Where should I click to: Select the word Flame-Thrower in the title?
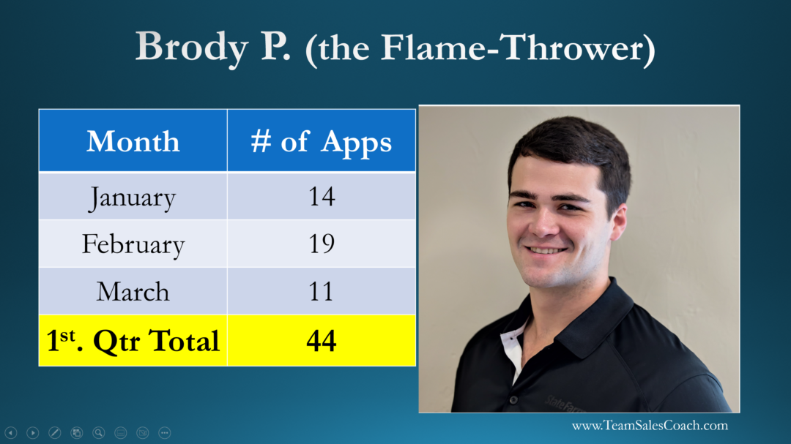511,48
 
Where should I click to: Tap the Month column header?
133,141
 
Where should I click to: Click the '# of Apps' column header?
322,142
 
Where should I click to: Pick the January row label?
133,197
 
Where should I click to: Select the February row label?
133,244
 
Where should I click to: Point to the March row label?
133,292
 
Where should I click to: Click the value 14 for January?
322,197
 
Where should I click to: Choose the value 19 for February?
322,244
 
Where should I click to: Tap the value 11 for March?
322,291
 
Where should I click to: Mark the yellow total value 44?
322,341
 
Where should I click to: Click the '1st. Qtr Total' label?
133,341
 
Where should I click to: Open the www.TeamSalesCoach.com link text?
650,426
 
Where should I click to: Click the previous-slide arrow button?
10,433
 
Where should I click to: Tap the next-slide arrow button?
33,433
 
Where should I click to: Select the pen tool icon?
54,433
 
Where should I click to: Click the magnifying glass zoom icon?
99,433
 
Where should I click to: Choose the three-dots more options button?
165,433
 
